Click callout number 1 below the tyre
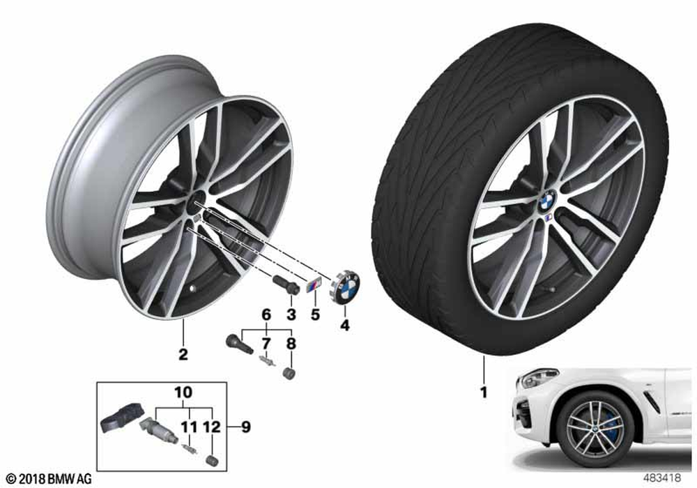(484, 392)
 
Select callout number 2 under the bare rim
(183, 354)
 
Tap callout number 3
(291, 314)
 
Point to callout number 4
(344, 326)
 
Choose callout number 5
(315, 314)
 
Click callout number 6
(266, 314)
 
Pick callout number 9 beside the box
(245, 427)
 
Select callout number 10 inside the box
(183, 392)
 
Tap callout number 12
(212, 427)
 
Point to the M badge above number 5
(314, 284)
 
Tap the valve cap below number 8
(289, 374)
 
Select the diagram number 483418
(661, 478)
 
